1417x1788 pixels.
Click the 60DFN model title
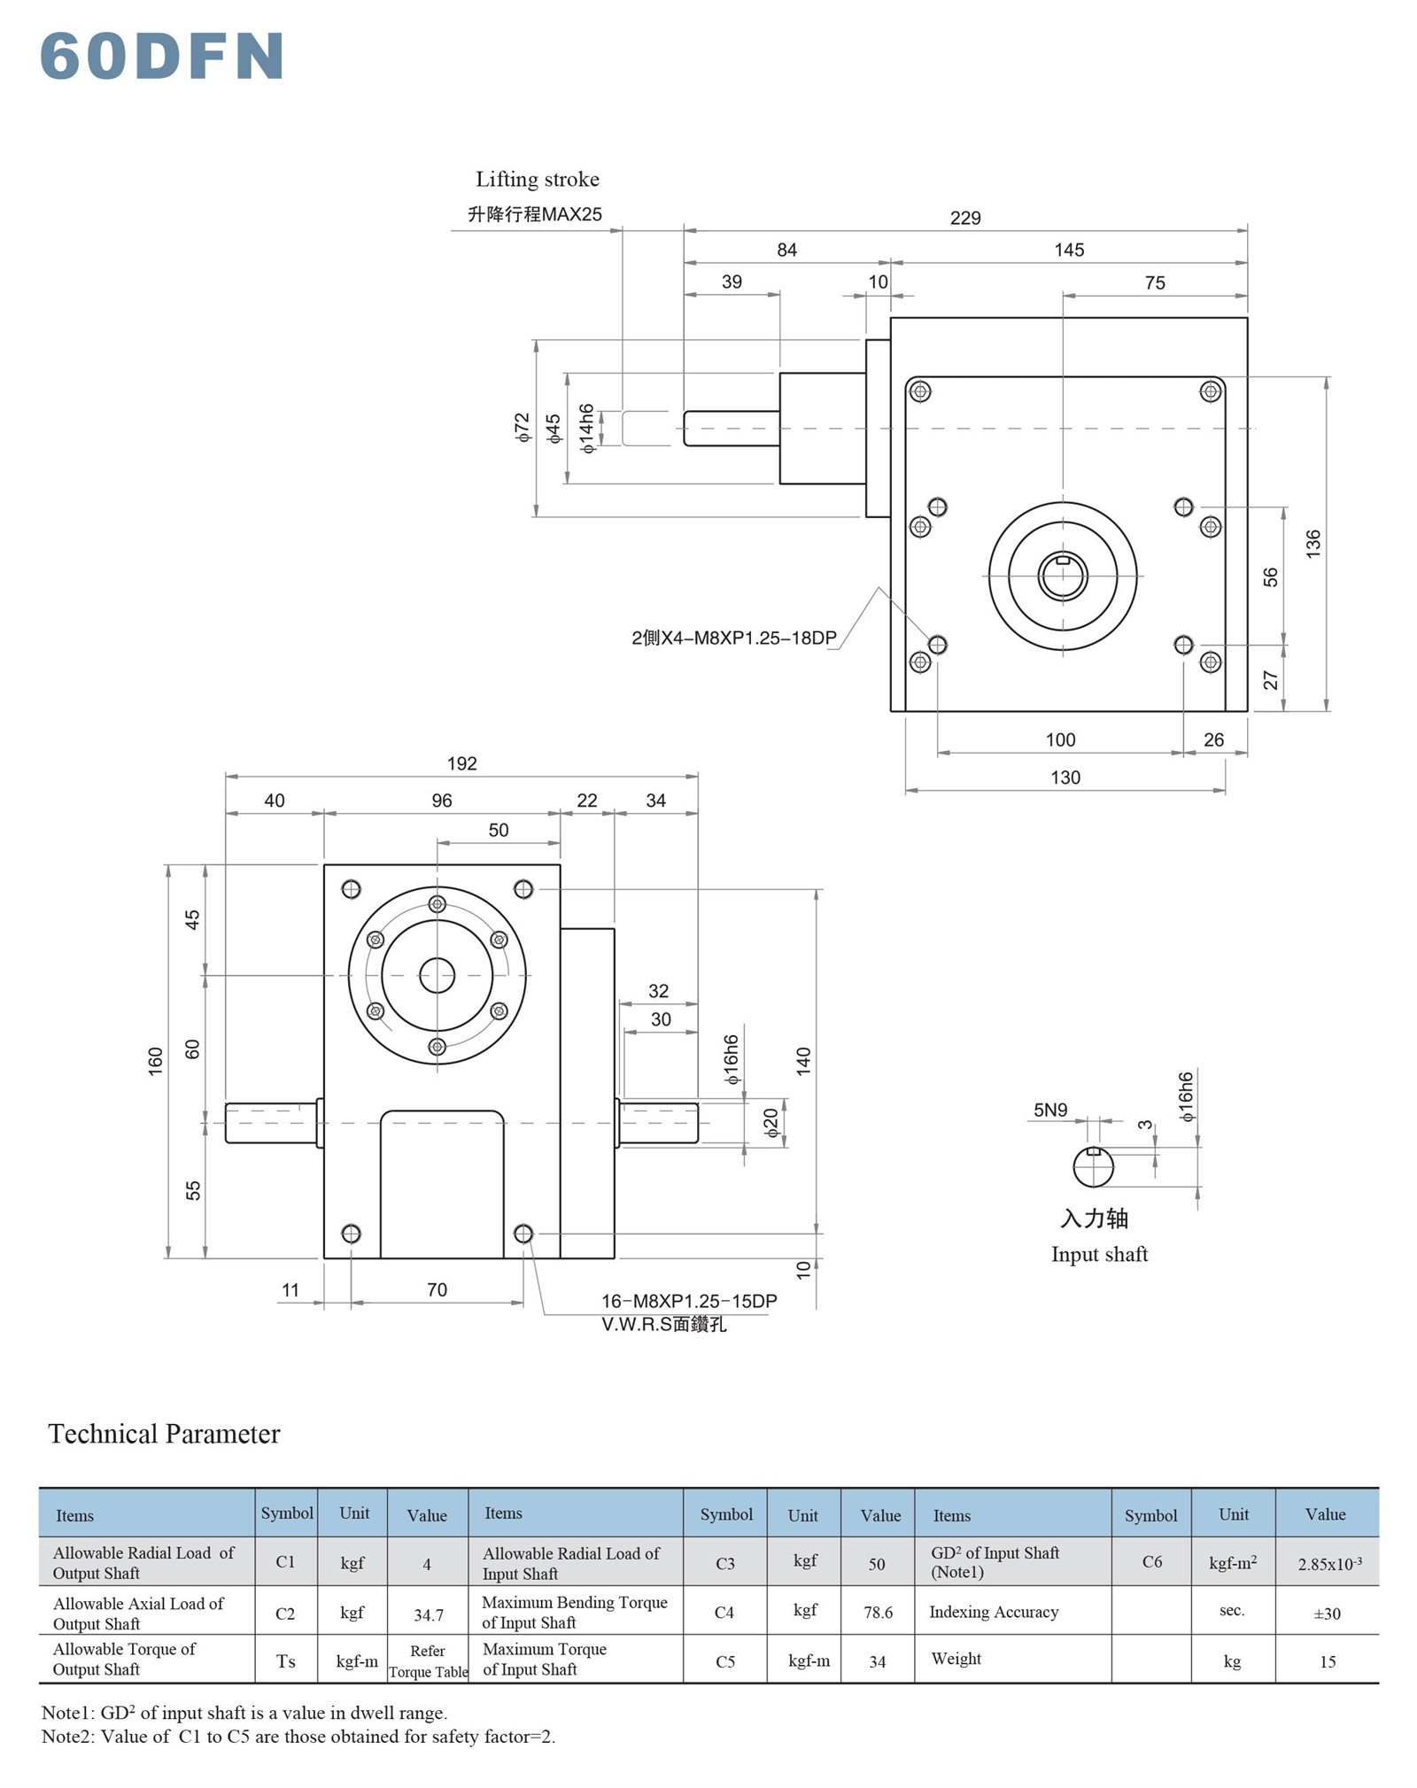click(162, 57)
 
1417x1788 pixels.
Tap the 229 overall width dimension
click(964, 218)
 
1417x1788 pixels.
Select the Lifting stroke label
click(537, 180)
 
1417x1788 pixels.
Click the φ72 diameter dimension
click(523, 427)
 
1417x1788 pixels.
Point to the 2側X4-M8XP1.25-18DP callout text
click(733, 638)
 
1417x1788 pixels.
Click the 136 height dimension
click(1312, 542)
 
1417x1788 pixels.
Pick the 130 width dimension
click(1065, 778)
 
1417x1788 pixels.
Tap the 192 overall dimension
click(461, 763)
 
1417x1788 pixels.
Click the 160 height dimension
click(156, 1061)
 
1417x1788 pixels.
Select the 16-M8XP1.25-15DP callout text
click(689, 1301)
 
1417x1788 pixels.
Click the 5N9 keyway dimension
click(1050, 1110)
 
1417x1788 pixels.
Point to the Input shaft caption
click(1099, 1254)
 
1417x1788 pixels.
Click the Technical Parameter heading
click(164, 1434)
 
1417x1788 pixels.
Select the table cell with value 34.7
click(429, 1614)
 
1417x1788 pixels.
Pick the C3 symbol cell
click(725, 1563)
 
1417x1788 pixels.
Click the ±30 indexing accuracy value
click(1327, 1614)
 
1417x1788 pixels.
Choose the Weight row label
click(956, 1659)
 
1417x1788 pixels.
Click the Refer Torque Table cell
click(428, 1661)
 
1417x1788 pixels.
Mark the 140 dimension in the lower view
click(803, 1061)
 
